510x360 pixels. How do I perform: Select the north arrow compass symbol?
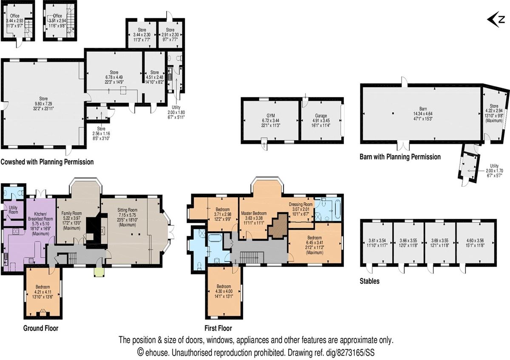496,19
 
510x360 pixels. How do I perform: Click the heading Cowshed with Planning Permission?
47,162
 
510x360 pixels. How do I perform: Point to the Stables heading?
370,281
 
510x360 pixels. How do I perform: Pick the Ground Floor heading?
41,328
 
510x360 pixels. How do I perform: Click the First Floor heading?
218,328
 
